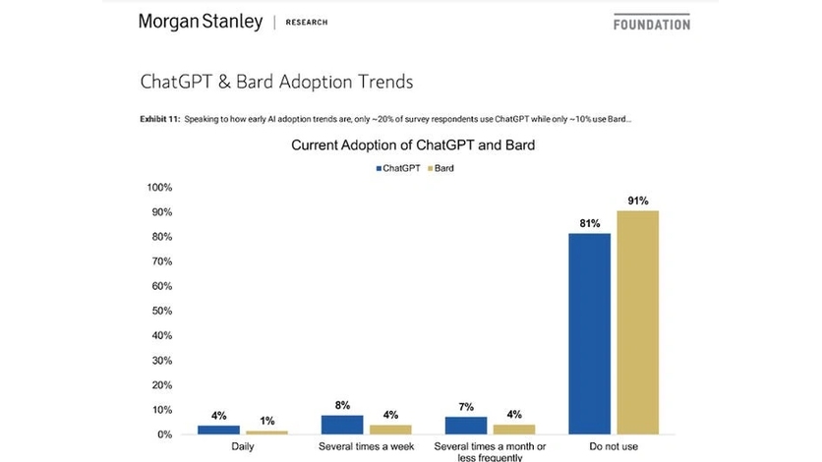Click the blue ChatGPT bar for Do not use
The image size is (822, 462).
coord(589,333)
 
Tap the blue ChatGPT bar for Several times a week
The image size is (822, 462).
coord(342,424)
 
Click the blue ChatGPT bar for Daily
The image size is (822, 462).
coord(218,430)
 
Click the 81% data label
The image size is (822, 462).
coord(590,224)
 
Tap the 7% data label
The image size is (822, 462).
coord(465,407)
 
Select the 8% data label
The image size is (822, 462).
coord(341,405)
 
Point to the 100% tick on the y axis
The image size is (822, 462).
coord(159,188)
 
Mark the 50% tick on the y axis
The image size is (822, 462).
coord(161,312)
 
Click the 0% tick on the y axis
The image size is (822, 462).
coord(164,434)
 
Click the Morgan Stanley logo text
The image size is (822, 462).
coord(201,22)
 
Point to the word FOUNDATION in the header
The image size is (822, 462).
coord(651,24)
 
